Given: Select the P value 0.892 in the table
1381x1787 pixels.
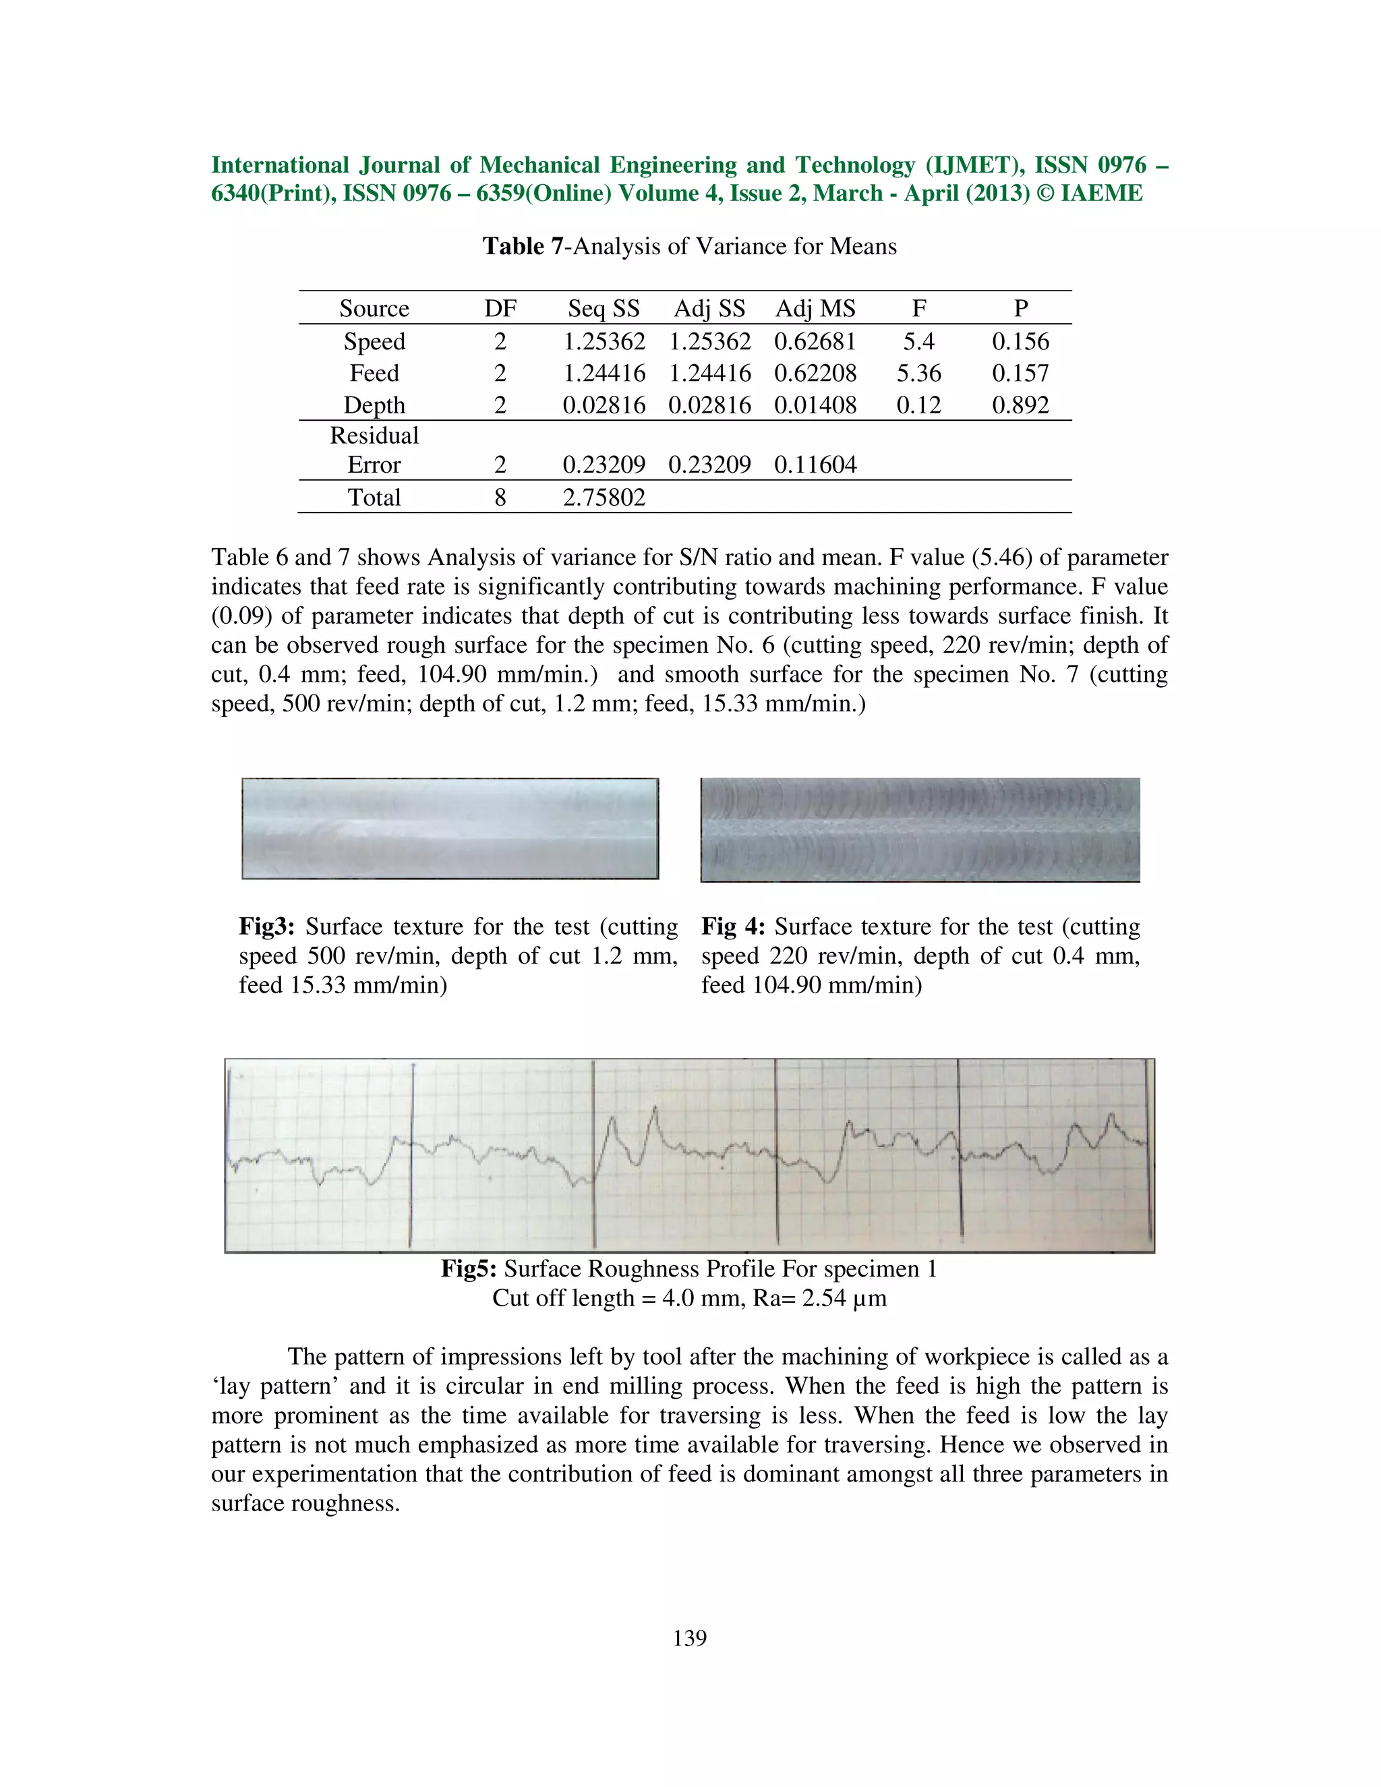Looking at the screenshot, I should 1020,406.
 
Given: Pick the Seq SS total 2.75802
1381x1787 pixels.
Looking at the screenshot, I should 604,498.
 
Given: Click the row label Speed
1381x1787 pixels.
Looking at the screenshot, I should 374,341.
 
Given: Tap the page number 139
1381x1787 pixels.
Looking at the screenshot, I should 690,1637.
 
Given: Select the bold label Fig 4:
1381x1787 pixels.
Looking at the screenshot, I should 732,927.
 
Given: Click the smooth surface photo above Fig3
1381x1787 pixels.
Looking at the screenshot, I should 450,829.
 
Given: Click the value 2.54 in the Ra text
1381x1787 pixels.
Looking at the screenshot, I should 823,1299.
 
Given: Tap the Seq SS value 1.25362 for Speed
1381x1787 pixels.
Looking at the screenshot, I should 604,341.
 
